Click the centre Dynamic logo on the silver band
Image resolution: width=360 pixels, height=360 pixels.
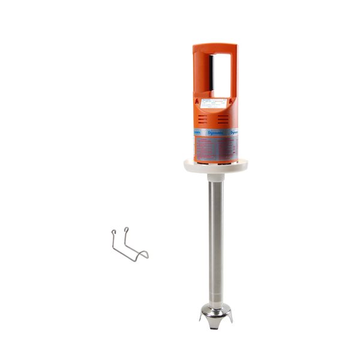215,132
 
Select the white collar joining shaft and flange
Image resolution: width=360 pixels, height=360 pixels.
216,178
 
